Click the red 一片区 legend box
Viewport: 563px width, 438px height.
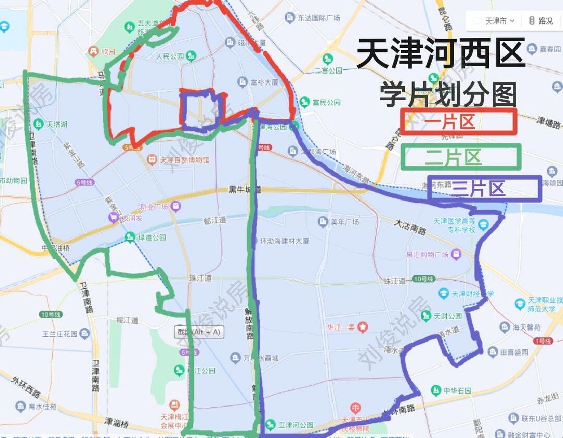458,121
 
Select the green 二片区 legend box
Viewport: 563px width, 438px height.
461,157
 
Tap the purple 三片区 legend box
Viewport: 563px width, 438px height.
484,189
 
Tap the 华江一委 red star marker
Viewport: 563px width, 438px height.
362,327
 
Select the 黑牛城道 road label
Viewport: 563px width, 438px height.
244,190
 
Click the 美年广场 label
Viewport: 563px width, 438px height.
345,222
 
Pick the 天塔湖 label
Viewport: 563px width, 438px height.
57,124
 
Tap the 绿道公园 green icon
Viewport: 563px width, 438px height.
130,237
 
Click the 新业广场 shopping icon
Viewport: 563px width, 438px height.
176,206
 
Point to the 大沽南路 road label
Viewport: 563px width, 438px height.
410,228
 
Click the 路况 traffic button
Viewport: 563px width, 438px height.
541,21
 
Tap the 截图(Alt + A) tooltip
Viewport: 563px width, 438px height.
199,332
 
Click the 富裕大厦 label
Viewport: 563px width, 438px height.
264,82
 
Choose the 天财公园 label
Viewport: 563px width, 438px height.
448,316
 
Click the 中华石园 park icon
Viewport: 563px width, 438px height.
435,390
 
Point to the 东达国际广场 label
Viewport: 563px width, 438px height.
318,18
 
